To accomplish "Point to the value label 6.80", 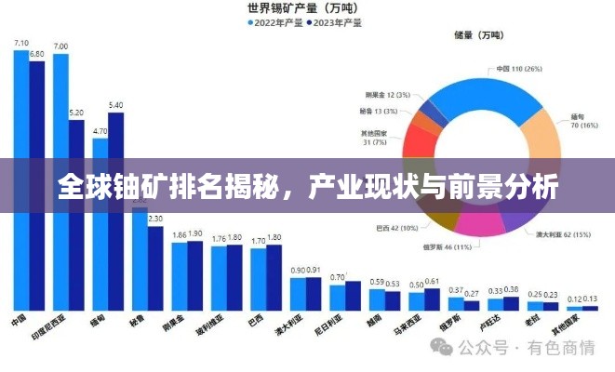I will (37, 54).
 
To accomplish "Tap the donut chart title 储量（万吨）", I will (480, 35).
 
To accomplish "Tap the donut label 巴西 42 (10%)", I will (395, 227).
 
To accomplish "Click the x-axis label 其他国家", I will (582, 325).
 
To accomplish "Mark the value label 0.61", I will (432, 280).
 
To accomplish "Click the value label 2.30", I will (155, 219).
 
